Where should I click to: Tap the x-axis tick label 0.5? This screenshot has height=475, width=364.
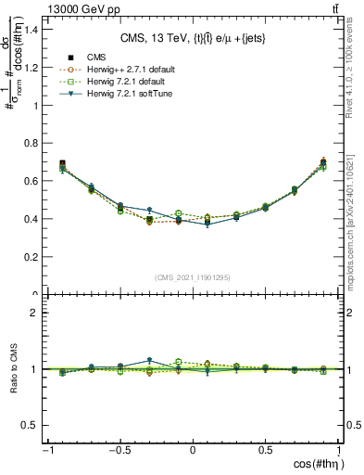(x=267, y=450)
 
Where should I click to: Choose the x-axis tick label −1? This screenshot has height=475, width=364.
(x=45, y=450)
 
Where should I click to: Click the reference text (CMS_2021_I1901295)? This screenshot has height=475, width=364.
(x=193, y=277)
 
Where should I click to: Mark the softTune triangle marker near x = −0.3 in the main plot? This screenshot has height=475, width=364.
(x=149, y=210)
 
